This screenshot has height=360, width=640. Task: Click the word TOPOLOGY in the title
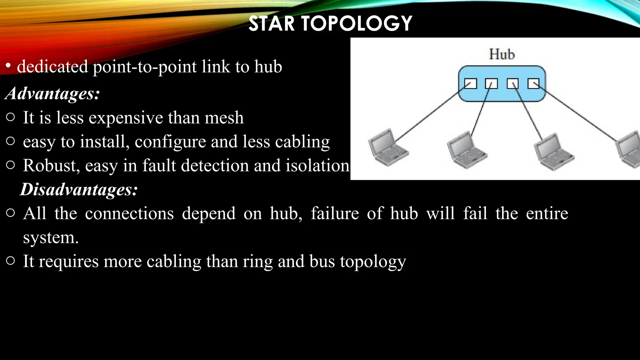pyautogui.click(x=357, y=24)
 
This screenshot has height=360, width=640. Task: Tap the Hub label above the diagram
pyautogui.click(x=502, y=54)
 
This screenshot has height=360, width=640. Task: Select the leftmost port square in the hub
pyautogui.click(x=470, y=84)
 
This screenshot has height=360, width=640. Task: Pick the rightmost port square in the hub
pyautogui.click(x=533, y=84)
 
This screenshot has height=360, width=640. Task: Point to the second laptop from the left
pyautogui.click(x=466, y=150)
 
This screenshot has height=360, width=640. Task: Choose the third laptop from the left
pyautogui.click(x=553, y=152)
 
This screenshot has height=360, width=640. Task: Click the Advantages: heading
pyautogui.click(x=52, y=93)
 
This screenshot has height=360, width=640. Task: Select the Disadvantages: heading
pyautogui.click(x=79, y=189)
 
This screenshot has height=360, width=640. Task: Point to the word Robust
pyautogui.click(x=51, y=165)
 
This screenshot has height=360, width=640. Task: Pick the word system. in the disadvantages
pyautogui.click(x=51, y=238)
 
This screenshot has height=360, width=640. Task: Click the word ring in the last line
pyautogui.click(x=257, y=261)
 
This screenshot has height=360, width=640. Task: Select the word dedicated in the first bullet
pyautogui.click(x=52, y=67)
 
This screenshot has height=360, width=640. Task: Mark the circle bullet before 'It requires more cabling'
pyautogui.click(x=10, y=261)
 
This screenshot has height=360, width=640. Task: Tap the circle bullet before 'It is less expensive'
pyautogui.click(x=10, y=117)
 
